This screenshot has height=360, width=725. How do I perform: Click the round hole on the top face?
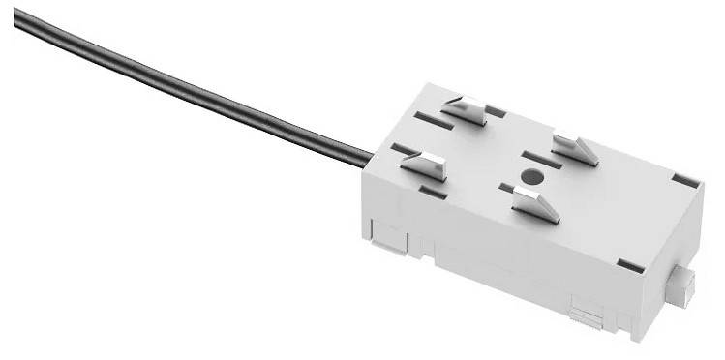(x=529, y=177)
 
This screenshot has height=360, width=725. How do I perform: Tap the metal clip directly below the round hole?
(x=535, y=204)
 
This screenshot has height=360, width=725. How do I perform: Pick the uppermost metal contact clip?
(x=468, y=108)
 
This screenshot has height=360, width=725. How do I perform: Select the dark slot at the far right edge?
(x=684, y=180)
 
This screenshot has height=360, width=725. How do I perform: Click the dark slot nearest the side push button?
(x=630, y=264)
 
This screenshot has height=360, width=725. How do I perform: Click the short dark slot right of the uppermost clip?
(x=496, y=112)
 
